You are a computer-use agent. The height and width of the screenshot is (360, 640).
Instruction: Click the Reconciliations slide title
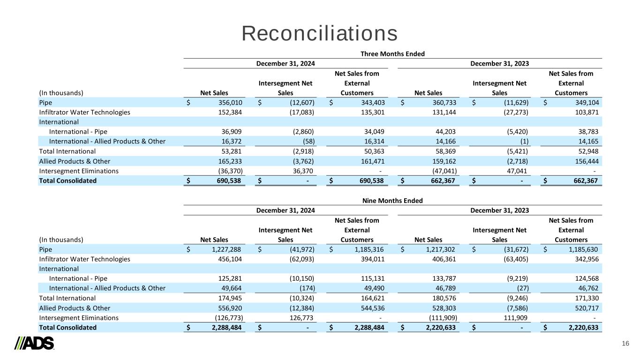coord(320,33)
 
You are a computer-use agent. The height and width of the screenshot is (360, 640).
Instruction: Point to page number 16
coord(625,344)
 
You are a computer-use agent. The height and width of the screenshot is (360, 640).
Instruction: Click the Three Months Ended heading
coord(392,53)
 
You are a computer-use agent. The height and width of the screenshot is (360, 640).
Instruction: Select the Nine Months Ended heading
coord(393,200)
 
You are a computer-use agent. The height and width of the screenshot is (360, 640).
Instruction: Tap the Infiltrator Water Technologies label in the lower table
coord(84,259)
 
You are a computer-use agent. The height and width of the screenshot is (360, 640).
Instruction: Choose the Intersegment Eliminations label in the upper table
coord(78,171)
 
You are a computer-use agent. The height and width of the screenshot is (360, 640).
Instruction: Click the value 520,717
coord(585,307)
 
